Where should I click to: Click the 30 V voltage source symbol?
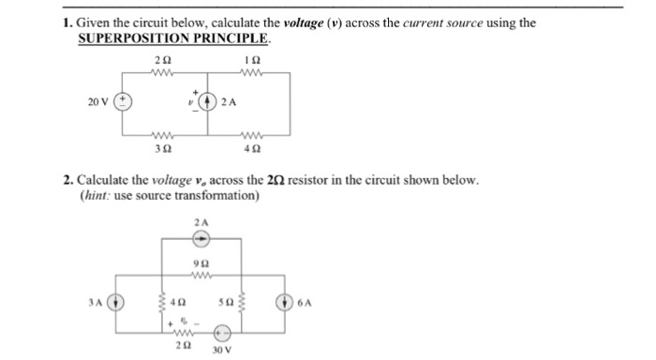pos(224,332)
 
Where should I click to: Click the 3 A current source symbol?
pos(117,302)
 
